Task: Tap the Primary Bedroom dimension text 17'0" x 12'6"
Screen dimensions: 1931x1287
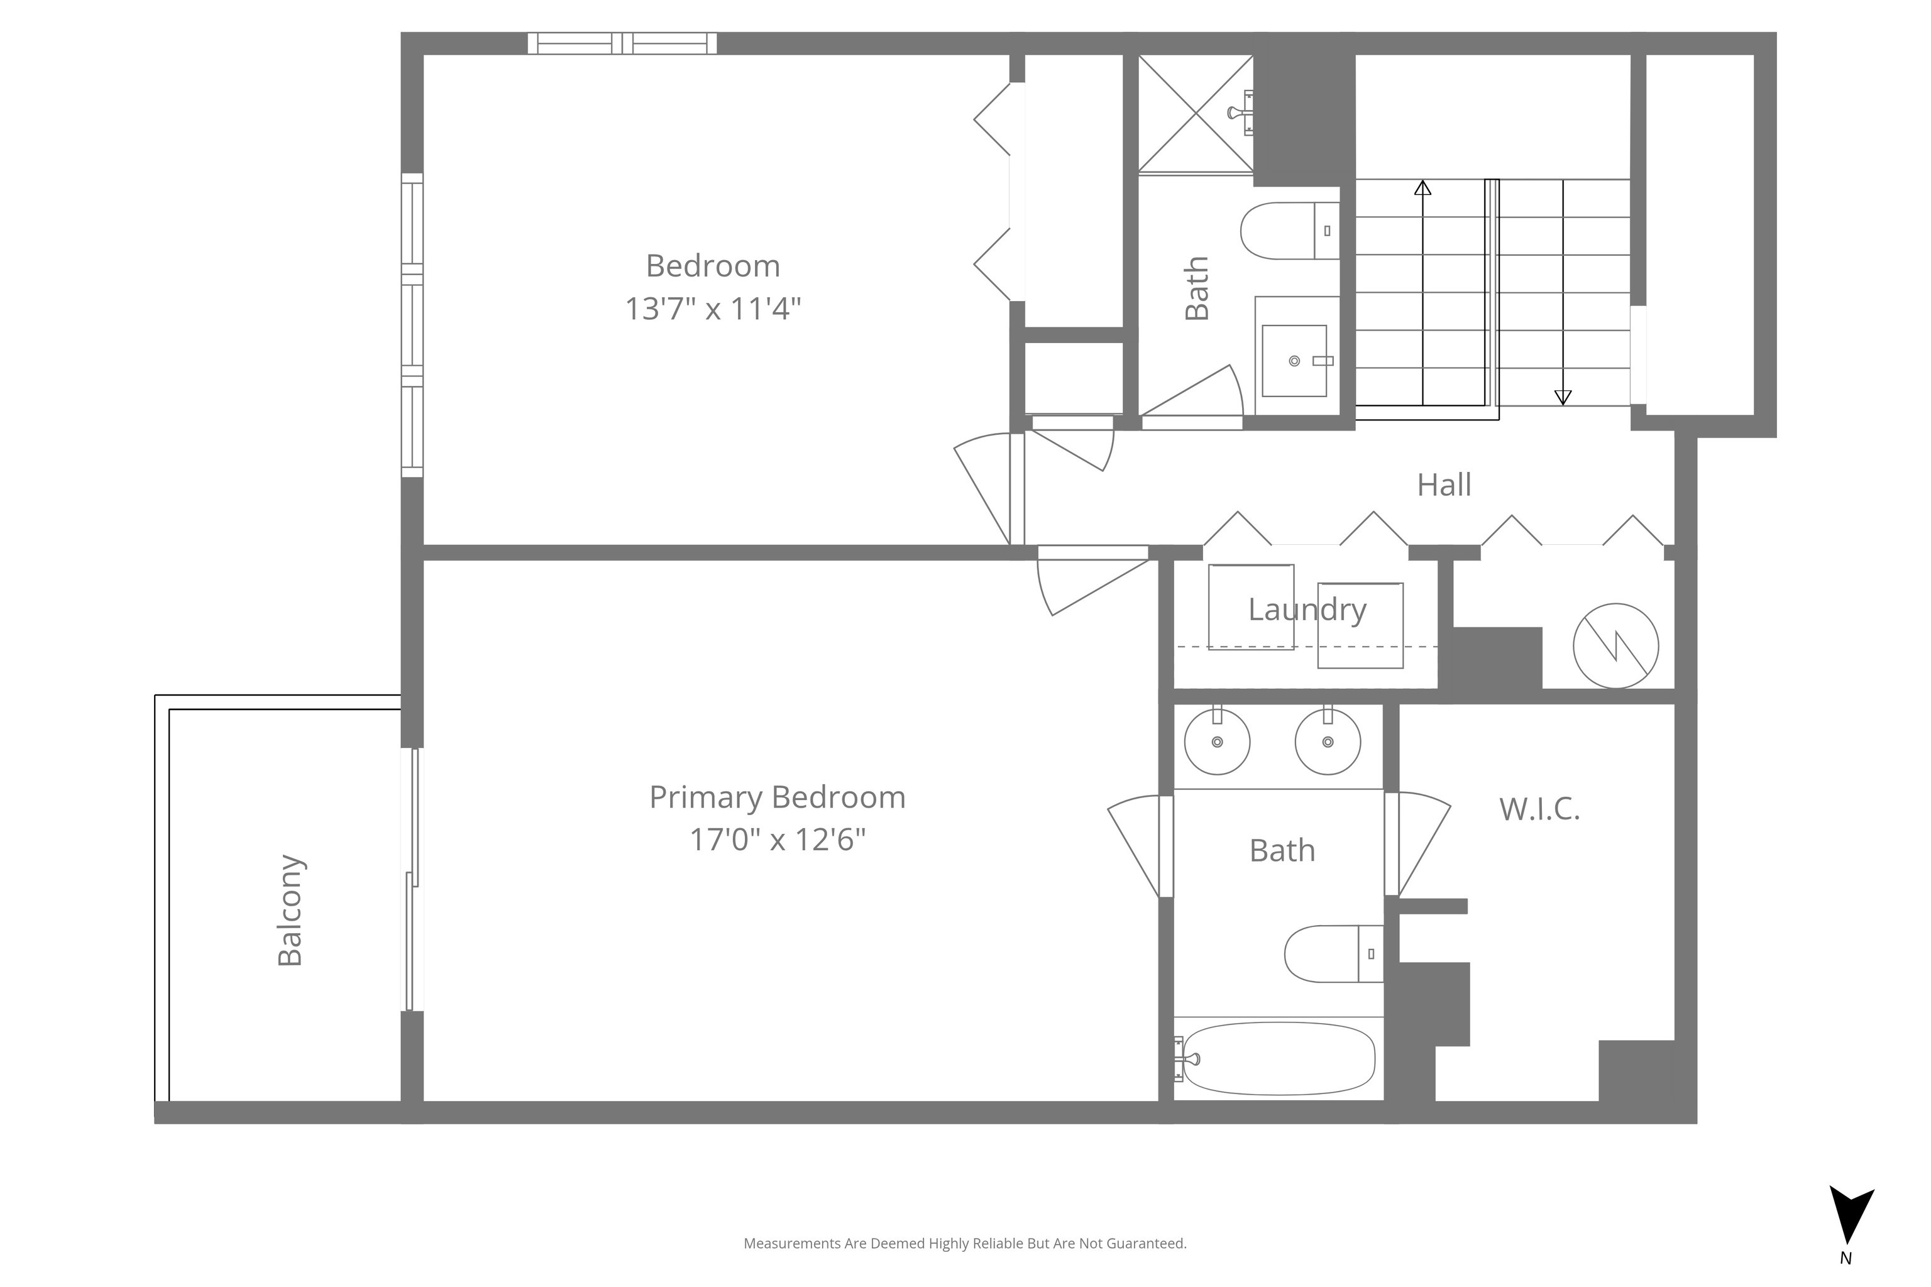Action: click(778, 840)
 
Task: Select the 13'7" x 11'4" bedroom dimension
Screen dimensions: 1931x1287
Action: click(713, 309)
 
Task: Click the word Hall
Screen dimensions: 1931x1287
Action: click(1444, 485)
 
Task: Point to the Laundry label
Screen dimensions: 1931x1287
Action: click(1307, 610)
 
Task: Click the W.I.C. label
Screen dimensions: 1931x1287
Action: click(1539, 809)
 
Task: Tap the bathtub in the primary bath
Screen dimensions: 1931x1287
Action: click(1279, 1058)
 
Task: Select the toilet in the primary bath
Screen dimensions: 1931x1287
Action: click(1334, 954)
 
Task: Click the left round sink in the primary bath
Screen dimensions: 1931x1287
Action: click(1218, 740)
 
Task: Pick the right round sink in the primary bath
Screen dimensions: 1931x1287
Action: click(1328, 740)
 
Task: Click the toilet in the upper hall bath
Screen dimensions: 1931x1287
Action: click(1290, 231)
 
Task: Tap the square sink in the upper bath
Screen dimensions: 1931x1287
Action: click(1294, 360)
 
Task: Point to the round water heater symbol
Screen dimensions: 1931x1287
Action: click(1615, 646)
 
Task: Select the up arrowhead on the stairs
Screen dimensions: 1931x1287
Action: click(1423, 188)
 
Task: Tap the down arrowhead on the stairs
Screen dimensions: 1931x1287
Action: click(1563, 397)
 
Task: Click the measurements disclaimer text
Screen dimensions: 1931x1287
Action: click(965, 1244)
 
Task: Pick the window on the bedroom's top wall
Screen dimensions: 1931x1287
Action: click(622, 43)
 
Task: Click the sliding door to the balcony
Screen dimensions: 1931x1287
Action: click(414, 879)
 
